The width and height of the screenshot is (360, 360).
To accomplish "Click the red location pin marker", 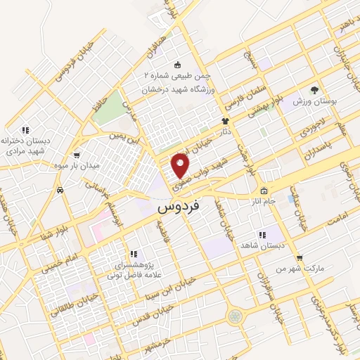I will [x=181, y=165].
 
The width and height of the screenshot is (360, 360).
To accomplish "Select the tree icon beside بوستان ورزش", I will [x=314, y=90].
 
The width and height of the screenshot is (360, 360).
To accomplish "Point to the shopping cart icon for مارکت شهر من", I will [x=300, y=258].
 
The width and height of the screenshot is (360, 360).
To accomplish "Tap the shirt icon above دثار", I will [x=226, y=121].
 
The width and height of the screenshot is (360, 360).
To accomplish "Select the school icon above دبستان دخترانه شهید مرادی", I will [x=26, y=129].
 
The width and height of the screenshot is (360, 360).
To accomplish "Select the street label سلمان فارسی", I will [x=236, y=96].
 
